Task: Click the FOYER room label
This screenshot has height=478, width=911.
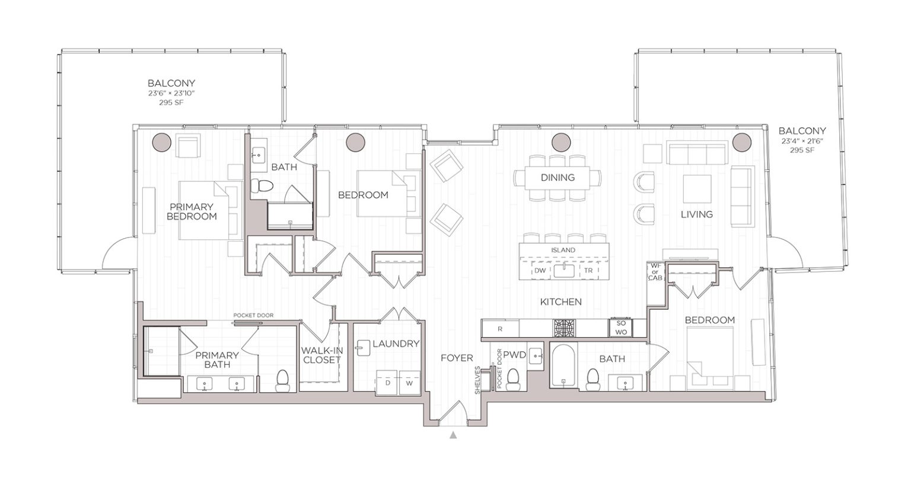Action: point(456,358)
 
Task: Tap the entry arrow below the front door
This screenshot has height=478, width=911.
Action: point(454,435)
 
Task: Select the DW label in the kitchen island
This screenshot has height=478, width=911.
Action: point(539,270)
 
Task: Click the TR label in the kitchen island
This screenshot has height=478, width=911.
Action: point(588,270)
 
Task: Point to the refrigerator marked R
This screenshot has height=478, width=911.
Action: point(500,328)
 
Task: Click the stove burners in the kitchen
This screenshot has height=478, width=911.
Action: point(563,328)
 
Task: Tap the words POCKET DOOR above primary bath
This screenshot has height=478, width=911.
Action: point(253,316)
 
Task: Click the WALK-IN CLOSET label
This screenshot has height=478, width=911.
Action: point(322,355)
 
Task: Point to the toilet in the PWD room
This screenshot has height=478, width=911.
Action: point(514,376)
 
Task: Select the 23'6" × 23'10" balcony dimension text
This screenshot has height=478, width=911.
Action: point(171,93)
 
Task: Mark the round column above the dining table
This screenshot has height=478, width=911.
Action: point(560,142)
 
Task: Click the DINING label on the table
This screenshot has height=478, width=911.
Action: point(558,177)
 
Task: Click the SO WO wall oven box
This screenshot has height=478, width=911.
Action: point(621,328)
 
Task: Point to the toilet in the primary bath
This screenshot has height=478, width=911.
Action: point(282,380)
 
